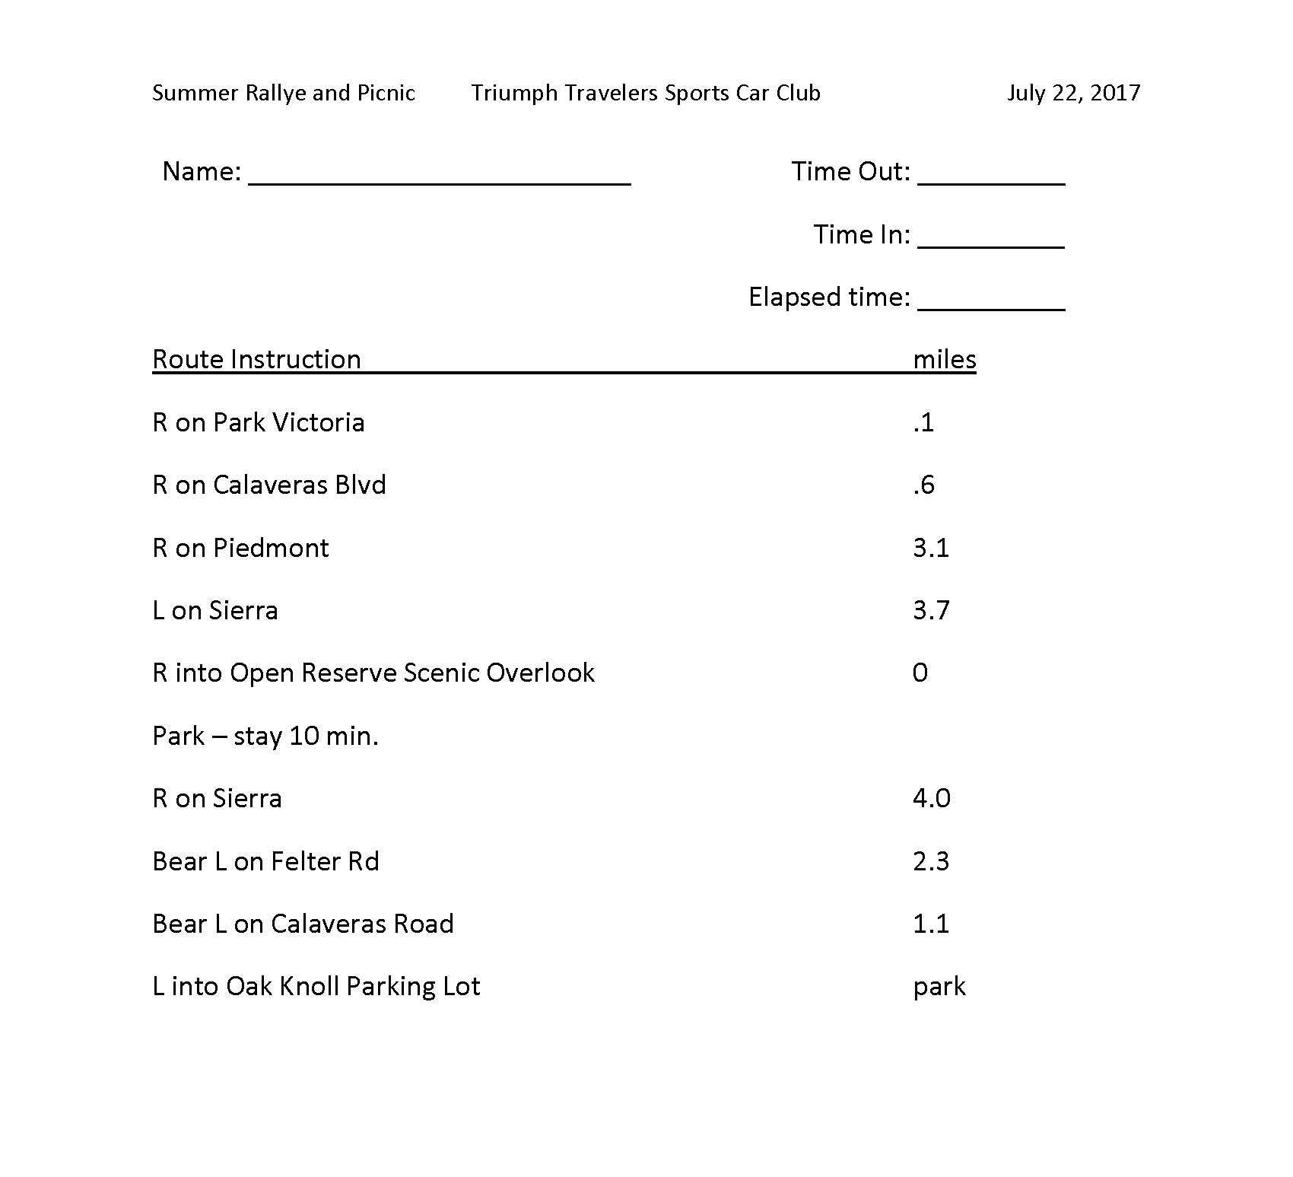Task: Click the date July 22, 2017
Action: point(1073,93)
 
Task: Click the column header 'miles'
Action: point(945,359)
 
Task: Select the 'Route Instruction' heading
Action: point(256,359)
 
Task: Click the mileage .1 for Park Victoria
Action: point(923,422)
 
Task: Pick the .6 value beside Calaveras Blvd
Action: point(923,485)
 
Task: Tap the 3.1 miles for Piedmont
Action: point(931,548)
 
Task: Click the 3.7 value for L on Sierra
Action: point(931,610)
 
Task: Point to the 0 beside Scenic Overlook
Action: point(920,673)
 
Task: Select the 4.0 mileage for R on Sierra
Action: point(932,798)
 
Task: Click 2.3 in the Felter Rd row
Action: point(931,861)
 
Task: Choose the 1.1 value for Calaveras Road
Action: point(931,924)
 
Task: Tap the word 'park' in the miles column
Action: point(939,987)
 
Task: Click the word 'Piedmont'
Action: point(271,548)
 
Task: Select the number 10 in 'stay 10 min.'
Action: point(303,736)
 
